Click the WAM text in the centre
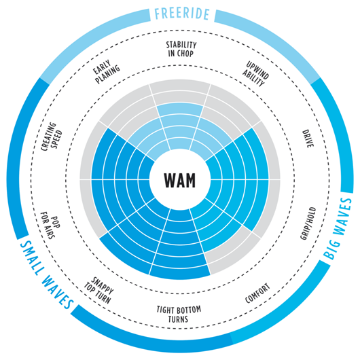(x=180, y=180)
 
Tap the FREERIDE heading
(x=182, y=14)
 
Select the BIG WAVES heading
(x=338, y=228)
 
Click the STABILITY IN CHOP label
(x=181, y=49)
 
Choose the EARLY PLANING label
(x=106, y=71)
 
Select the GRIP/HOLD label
(x=308, y=223)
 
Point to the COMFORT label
(x=257, y=293)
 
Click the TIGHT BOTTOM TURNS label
(x=179, y=314)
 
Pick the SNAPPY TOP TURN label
(x=98, y=290)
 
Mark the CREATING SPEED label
(x=52, y=137)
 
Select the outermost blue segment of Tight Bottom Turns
(x=180, y=272)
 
